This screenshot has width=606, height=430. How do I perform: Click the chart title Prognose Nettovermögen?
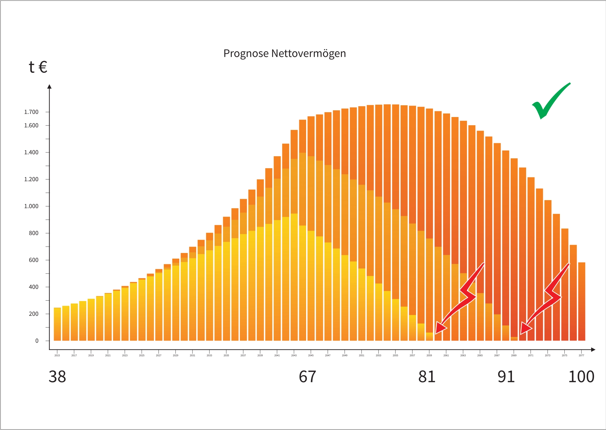pyautogui.click(x=284, y=53)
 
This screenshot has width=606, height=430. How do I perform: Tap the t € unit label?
pyautogui.click(x=38, y=67)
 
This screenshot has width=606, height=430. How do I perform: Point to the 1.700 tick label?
pyautogui.click(x=31, y=112)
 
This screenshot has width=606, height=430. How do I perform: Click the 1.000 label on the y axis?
pyautogui.click(x=31, y=206)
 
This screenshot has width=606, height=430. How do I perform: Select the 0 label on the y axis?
pyautogui.click(x=37, y=341)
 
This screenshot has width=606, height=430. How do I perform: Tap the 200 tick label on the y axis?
pyautogui.click(x=34, y=314)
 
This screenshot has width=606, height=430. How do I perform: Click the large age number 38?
pyautogui.click(x=57, y=377)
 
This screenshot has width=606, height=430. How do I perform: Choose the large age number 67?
pyautogui.click(x=307, y=377)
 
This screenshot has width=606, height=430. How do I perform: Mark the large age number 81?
pyautogui.click(x=427, y=377)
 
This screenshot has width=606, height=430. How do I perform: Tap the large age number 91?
pyautogui.click(x=506, y=377)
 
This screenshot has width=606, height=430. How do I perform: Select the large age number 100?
pyautogui.click(x=581, y=377)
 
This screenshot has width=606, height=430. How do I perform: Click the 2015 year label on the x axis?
pyautogui.click(x=57, y=355)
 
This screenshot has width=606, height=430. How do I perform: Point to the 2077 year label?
pyautogui.click(x=581, y=355)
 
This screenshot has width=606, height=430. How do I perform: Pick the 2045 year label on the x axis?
pyautogui.click(x=311, y=355)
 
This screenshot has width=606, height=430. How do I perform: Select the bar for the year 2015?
pyautogui.click(x=57, y=324)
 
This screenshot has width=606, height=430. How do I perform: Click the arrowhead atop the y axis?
pyautogui.click(x=49, y=87)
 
